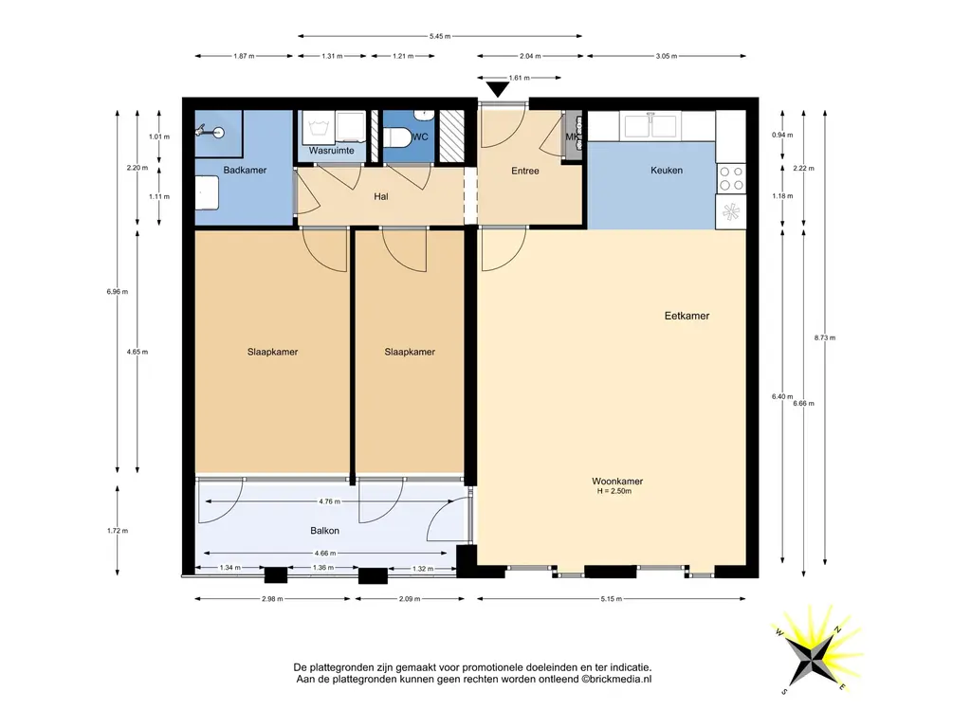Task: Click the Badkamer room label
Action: pyautogui.click(x=245, y=171)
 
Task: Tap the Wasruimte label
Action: pyautogui.click(x=331, y=151)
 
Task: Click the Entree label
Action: pyautogui.click(x=525, y=171)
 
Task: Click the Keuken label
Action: pyautogui.click(x=667, y=171)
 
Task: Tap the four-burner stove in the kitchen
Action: pyautogui.click(x=731, y=178)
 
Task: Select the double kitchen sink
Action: pyautogui.click(x=650, y=126)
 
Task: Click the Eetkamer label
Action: pyautogui.click(x=687, y=316)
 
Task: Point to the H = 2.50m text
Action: pyautogui.click(x=614, y=492)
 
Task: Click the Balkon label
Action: pyautogui.click(x=324, y=531)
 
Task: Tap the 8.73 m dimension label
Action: pyautogui.click(x=825, y=338)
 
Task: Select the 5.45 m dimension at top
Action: pyautogui.click(x=440, y=37)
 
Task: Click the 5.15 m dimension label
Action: pyautogui.click(x=612, y=599)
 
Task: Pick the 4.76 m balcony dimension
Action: pyautogui.click(x=329, y=501)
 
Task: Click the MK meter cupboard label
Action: pyautogui.click(x=572, y=136)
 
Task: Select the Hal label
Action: pyautogui.click(x=381, y=197)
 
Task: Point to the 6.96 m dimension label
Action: pyautogui.click(x=117, y=292)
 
